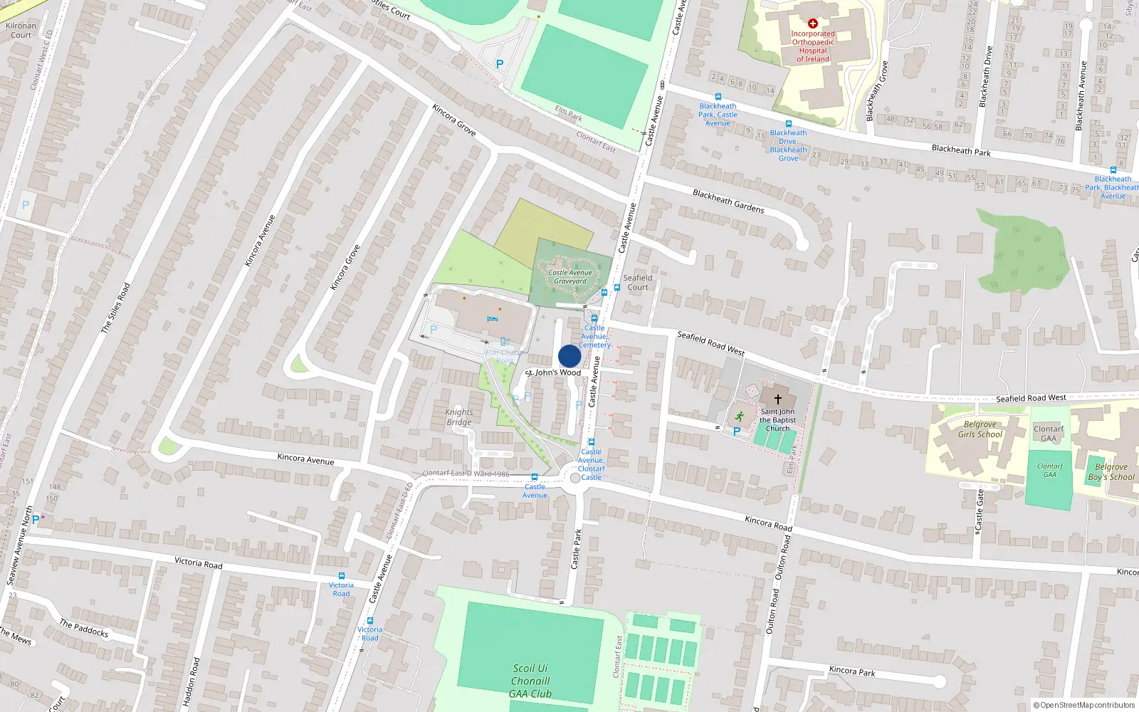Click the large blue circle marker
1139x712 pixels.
[x=569, y=356]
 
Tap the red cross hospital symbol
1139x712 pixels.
[x=812, y=23]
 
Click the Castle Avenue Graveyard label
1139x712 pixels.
[x=570, y=277]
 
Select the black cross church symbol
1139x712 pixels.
[x=777, y=399]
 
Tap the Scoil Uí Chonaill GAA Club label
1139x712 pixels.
[x=530, y=681]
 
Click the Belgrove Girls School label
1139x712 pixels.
[x=980, y=429]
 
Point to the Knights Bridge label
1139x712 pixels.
[x=459, y=417]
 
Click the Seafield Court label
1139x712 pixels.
[x=637, y=283]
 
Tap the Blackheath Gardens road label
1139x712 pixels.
[x=728, y=201]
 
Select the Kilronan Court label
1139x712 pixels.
[x=21, y=30]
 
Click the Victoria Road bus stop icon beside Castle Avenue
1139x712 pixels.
[x=369, y=620]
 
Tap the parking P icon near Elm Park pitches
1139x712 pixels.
[x=500, y=64]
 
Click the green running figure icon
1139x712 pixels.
[x=739, y=417]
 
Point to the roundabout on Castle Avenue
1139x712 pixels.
[x=575, y=477]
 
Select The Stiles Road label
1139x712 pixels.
[x=115, y=308]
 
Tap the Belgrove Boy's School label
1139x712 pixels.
[x=1111, y=472]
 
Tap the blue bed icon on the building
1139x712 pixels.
[x=492, y=319]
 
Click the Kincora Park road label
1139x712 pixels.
[x=852, y=671]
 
